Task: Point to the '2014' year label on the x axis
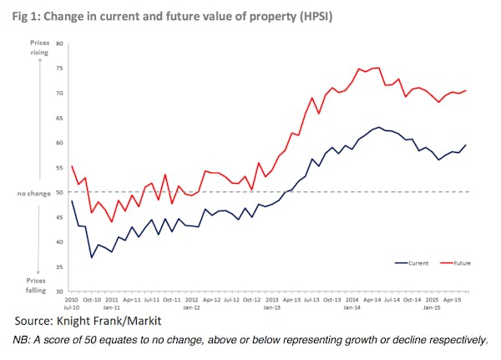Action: coord(352,298)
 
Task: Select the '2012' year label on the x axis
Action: coord(191,298)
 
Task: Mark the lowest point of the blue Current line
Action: coord(92,257)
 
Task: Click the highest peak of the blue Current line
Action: coord(379,127)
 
